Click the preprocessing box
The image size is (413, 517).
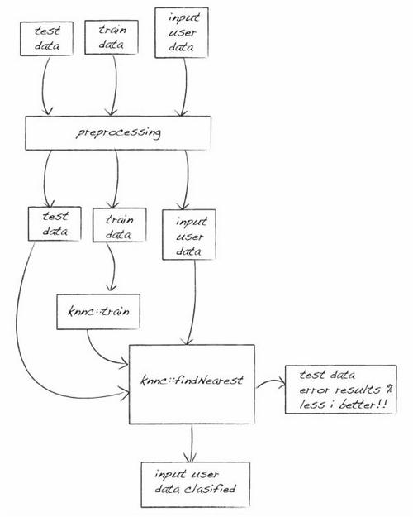pos(118,133)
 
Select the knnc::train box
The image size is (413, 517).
pos(98,312)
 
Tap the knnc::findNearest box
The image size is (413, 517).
pos(192,384)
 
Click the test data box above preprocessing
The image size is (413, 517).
pos(46,39)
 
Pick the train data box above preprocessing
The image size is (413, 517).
pos(112,37)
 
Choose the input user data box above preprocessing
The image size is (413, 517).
pos(182,32)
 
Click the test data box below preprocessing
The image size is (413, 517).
pos(55,224)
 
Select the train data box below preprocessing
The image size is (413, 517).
pos(120,225)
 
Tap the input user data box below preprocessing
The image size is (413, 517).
pos(189,234)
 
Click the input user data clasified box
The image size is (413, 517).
pos(196,485)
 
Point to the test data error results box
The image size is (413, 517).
pos(341,390)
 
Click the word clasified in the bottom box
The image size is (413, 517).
pos(210,489)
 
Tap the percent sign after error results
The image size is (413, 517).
pos(388,390)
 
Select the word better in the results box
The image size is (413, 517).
pos(358,405)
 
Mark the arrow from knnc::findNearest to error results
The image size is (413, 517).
pos(271,382)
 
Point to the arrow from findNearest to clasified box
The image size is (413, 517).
pos(192,443)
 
